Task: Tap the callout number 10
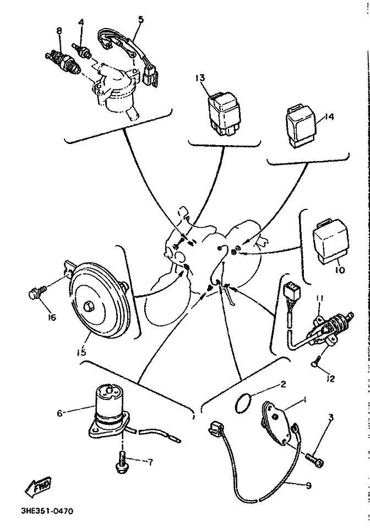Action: click(340, 270)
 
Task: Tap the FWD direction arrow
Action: click(39, 485)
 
